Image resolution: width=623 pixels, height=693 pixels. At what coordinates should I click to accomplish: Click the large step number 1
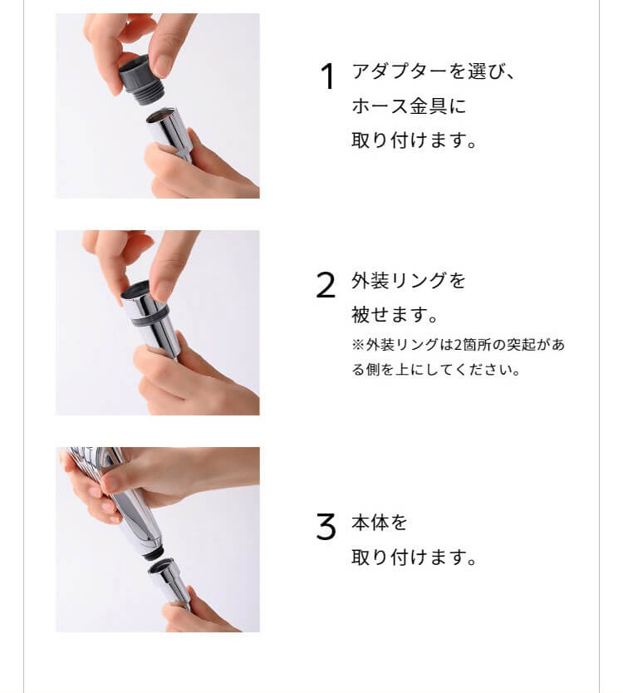327,76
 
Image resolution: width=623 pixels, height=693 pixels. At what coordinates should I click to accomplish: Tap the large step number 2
326,285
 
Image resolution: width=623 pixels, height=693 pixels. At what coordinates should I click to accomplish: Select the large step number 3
326,526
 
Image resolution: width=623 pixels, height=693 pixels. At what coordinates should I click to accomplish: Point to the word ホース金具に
409,106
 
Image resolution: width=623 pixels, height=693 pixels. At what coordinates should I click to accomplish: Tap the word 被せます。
395,315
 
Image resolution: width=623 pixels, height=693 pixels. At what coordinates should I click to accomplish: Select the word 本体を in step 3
380,523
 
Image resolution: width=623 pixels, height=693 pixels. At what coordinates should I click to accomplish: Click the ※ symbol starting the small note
358,345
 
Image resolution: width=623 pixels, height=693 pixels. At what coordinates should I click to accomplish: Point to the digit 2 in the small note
458,345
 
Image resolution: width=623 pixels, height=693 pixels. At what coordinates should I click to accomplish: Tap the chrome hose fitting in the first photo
169,135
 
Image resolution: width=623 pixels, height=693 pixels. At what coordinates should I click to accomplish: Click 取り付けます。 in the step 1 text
414,140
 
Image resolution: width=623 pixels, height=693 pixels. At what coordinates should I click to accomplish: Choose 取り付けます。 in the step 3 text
414,557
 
